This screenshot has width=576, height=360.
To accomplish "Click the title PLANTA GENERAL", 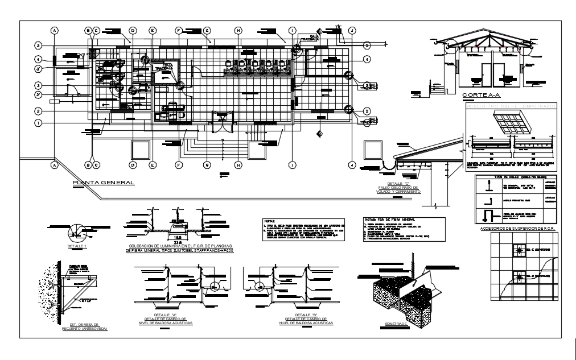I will pos(103,183).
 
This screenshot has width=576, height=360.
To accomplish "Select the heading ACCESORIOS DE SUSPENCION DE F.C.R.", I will pos(517,229).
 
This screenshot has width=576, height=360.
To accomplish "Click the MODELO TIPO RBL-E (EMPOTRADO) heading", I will pos(511,105).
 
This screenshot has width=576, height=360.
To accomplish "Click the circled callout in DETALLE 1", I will pos(74,233).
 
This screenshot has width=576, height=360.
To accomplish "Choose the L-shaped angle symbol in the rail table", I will pos(488,200).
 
